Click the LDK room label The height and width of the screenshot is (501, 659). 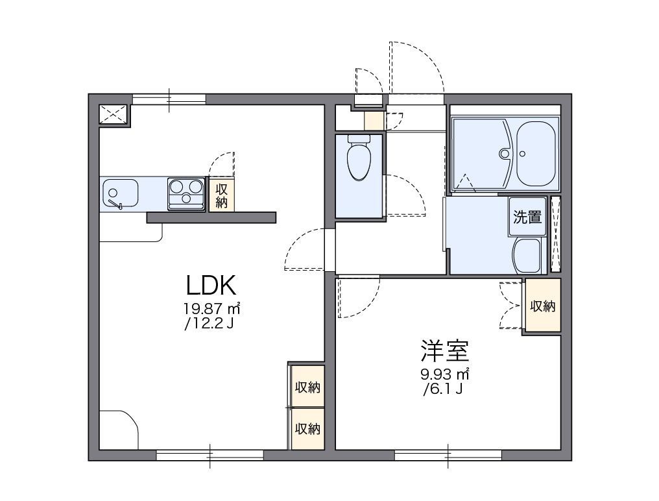[x=210, y=286]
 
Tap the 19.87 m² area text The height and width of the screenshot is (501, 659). [x=212, y=308]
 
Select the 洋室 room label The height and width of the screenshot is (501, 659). [x=444, y=351]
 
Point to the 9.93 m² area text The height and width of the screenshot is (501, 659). [x=445, y=374]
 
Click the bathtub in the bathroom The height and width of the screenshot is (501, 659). [x=536, y=154]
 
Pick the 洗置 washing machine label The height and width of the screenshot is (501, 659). [x=527, y=217]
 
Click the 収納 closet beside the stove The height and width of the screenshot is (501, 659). [x=222, y=195]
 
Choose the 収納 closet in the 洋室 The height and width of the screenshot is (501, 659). [x=543, y=306]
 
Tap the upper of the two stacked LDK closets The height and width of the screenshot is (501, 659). [x=307, y=387]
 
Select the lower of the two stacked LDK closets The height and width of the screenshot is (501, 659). [x=307, y=428]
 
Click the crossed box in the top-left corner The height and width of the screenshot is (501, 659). [x=114, y=114]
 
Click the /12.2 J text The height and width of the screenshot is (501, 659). [x=209, y=323]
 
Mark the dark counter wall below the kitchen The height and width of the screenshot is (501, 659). [x=211, y=217]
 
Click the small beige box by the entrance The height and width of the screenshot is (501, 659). [x=373, y=121]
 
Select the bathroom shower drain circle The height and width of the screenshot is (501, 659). [x=504, y=154]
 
